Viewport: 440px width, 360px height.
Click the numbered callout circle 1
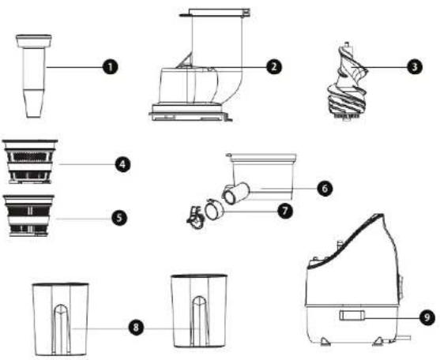coord(111,67)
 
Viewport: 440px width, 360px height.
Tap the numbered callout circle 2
coord(273,67)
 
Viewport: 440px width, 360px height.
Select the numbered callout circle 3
coord(415,67)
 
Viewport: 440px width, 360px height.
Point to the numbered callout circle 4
coord(122,164)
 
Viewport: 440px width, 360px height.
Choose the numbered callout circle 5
coord(119,218)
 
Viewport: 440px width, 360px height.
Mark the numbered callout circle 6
coord(325,189)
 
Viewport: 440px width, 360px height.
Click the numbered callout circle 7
coord(285,211)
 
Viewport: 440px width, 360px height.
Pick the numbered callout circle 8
coord(136,327)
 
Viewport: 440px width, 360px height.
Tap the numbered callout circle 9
coord(427,317)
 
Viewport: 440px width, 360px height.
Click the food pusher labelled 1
coord(34,76)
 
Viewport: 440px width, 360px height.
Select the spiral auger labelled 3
coord(348,81)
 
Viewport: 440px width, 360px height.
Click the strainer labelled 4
coord(30,162)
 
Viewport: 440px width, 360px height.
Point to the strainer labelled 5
coord(29,216)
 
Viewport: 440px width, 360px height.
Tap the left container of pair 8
coord(60,320)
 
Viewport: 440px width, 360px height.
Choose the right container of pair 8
coord(199,311)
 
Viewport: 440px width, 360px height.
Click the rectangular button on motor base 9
coord(352,315)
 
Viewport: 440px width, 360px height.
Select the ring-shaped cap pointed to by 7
coord(214,210)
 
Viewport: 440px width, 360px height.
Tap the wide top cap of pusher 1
coord(34,41)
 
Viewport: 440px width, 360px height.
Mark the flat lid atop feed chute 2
coord(215,13)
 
